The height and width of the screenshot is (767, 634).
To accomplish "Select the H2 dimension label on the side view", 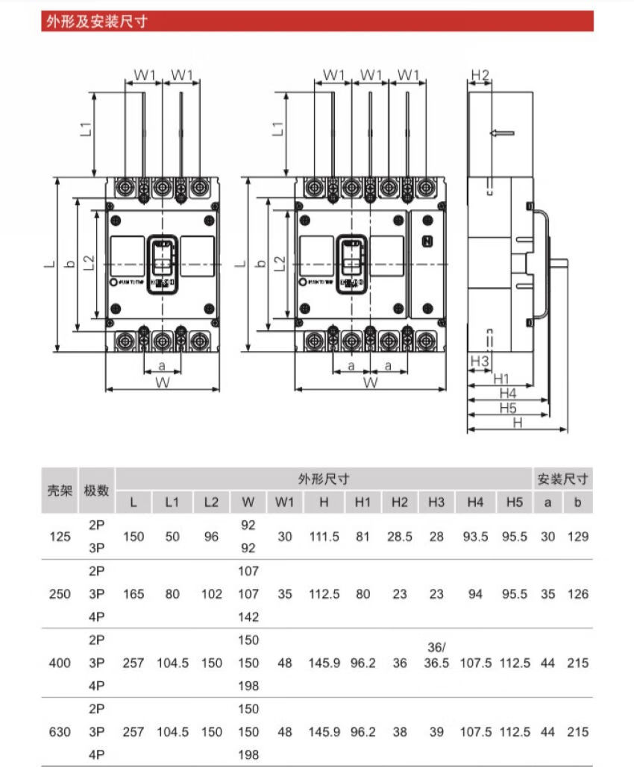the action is [x=480, y=75].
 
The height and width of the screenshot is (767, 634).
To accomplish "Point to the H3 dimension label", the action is [x=480, y=362].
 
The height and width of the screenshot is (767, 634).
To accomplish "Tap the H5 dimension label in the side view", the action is [x=508, y=408].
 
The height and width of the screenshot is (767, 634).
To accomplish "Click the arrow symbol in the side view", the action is [x=502, y=133].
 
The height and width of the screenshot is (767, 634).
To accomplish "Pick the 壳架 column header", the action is [x=60, y=490].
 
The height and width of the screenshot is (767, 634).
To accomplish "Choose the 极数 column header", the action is [x=97, y=490].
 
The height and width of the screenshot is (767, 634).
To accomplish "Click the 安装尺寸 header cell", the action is [x=563, y=479].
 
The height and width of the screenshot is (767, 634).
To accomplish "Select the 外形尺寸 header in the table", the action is [x=324, y=479].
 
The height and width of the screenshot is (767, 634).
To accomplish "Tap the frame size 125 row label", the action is [x=60, y=536].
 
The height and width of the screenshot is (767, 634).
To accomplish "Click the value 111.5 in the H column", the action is [x=324, y=536].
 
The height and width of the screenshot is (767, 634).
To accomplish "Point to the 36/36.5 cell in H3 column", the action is [x=436, y=655].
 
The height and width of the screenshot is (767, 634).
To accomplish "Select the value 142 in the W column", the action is [x=248, y=616].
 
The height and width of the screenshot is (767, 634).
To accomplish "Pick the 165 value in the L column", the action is [x=134, y=594].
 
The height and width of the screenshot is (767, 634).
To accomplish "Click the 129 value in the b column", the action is [x=577, y=536].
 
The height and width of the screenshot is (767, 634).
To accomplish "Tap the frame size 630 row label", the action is [x=60, y=732].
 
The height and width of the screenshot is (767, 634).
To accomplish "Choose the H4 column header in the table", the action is [x=475, y=502].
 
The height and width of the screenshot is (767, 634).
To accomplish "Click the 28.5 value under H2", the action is [x=400, y=536].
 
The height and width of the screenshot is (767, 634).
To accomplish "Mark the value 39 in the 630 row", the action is [x=436, y=732].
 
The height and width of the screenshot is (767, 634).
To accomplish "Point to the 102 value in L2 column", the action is [x=211, y=594].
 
